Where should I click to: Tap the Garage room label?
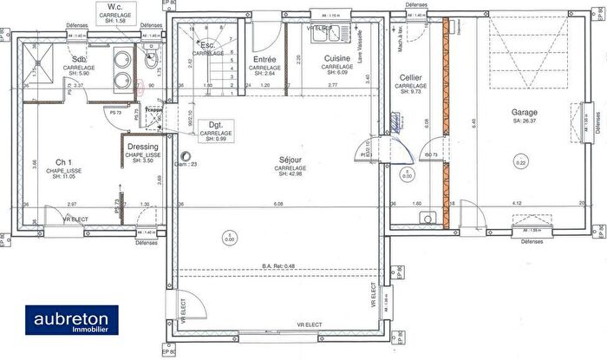[x=524, y=113]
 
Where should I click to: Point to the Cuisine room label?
[x=336, y=60]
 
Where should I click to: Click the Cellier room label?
[x=410, y=78]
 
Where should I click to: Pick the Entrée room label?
[x=264, y=60]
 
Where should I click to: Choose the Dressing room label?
[x=141, y=147]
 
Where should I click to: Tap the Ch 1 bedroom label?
[x=63, y=162]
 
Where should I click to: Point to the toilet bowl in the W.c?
[x=152, y=61]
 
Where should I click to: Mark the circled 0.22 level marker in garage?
[x=520, y=162]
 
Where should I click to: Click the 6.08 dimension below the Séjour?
[x=277, y=204]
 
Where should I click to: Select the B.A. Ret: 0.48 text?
[x=278, y=265]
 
